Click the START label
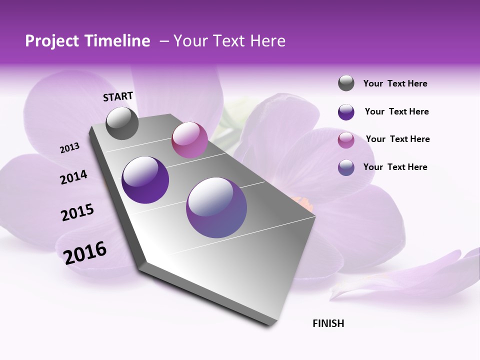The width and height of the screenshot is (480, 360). click(118, 96)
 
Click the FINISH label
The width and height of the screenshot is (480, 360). click(328, 323)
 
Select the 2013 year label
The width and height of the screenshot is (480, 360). click(69, 148)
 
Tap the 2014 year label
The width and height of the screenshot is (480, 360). click(73, 177)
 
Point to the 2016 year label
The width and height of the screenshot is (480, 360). click(85, 252)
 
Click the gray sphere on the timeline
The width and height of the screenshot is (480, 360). click(122, 123)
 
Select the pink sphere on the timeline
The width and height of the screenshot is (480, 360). click(189, 140)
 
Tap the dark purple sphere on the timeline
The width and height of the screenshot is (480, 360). click(145, 180)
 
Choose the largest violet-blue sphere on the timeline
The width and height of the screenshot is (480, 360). click(216, 207)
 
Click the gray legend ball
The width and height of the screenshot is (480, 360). click(346, 83)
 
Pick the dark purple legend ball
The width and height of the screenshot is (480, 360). click(346, 112)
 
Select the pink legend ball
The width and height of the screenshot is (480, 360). click(346, 140)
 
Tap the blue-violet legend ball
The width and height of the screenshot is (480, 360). click(346, 167)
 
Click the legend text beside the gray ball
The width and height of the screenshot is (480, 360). click(395, 84)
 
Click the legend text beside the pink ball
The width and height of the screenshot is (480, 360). click(397, 139)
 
